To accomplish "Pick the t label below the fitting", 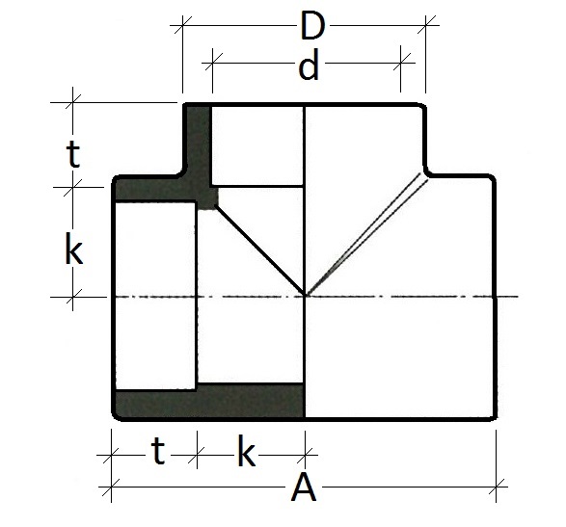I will pyautogui.click(x=152, y=451).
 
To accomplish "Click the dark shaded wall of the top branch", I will pyautogui.click(x=197, y=145).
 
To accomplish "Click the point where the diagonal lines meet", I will pyautogui.click(x=305, y=296).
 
